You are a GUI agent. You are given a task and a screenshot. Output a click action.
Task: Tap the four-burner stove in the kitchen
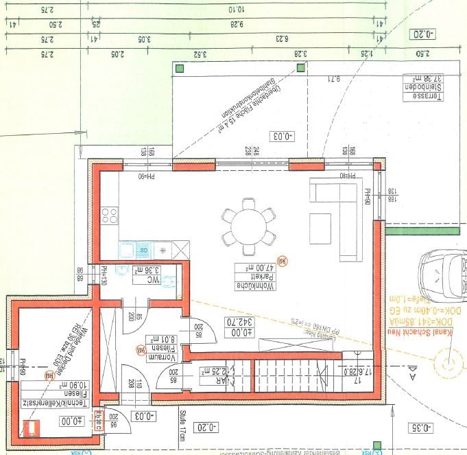(110, 217)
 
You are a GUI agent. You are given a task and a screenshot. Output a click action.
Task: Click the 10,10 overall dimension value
(237, 10)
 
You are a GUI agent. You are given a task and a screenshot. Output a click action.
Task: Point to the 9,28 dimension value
(237, 24)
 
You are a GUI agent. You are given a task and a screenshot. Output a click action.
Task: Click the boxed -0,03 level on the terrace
(282, 135)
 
